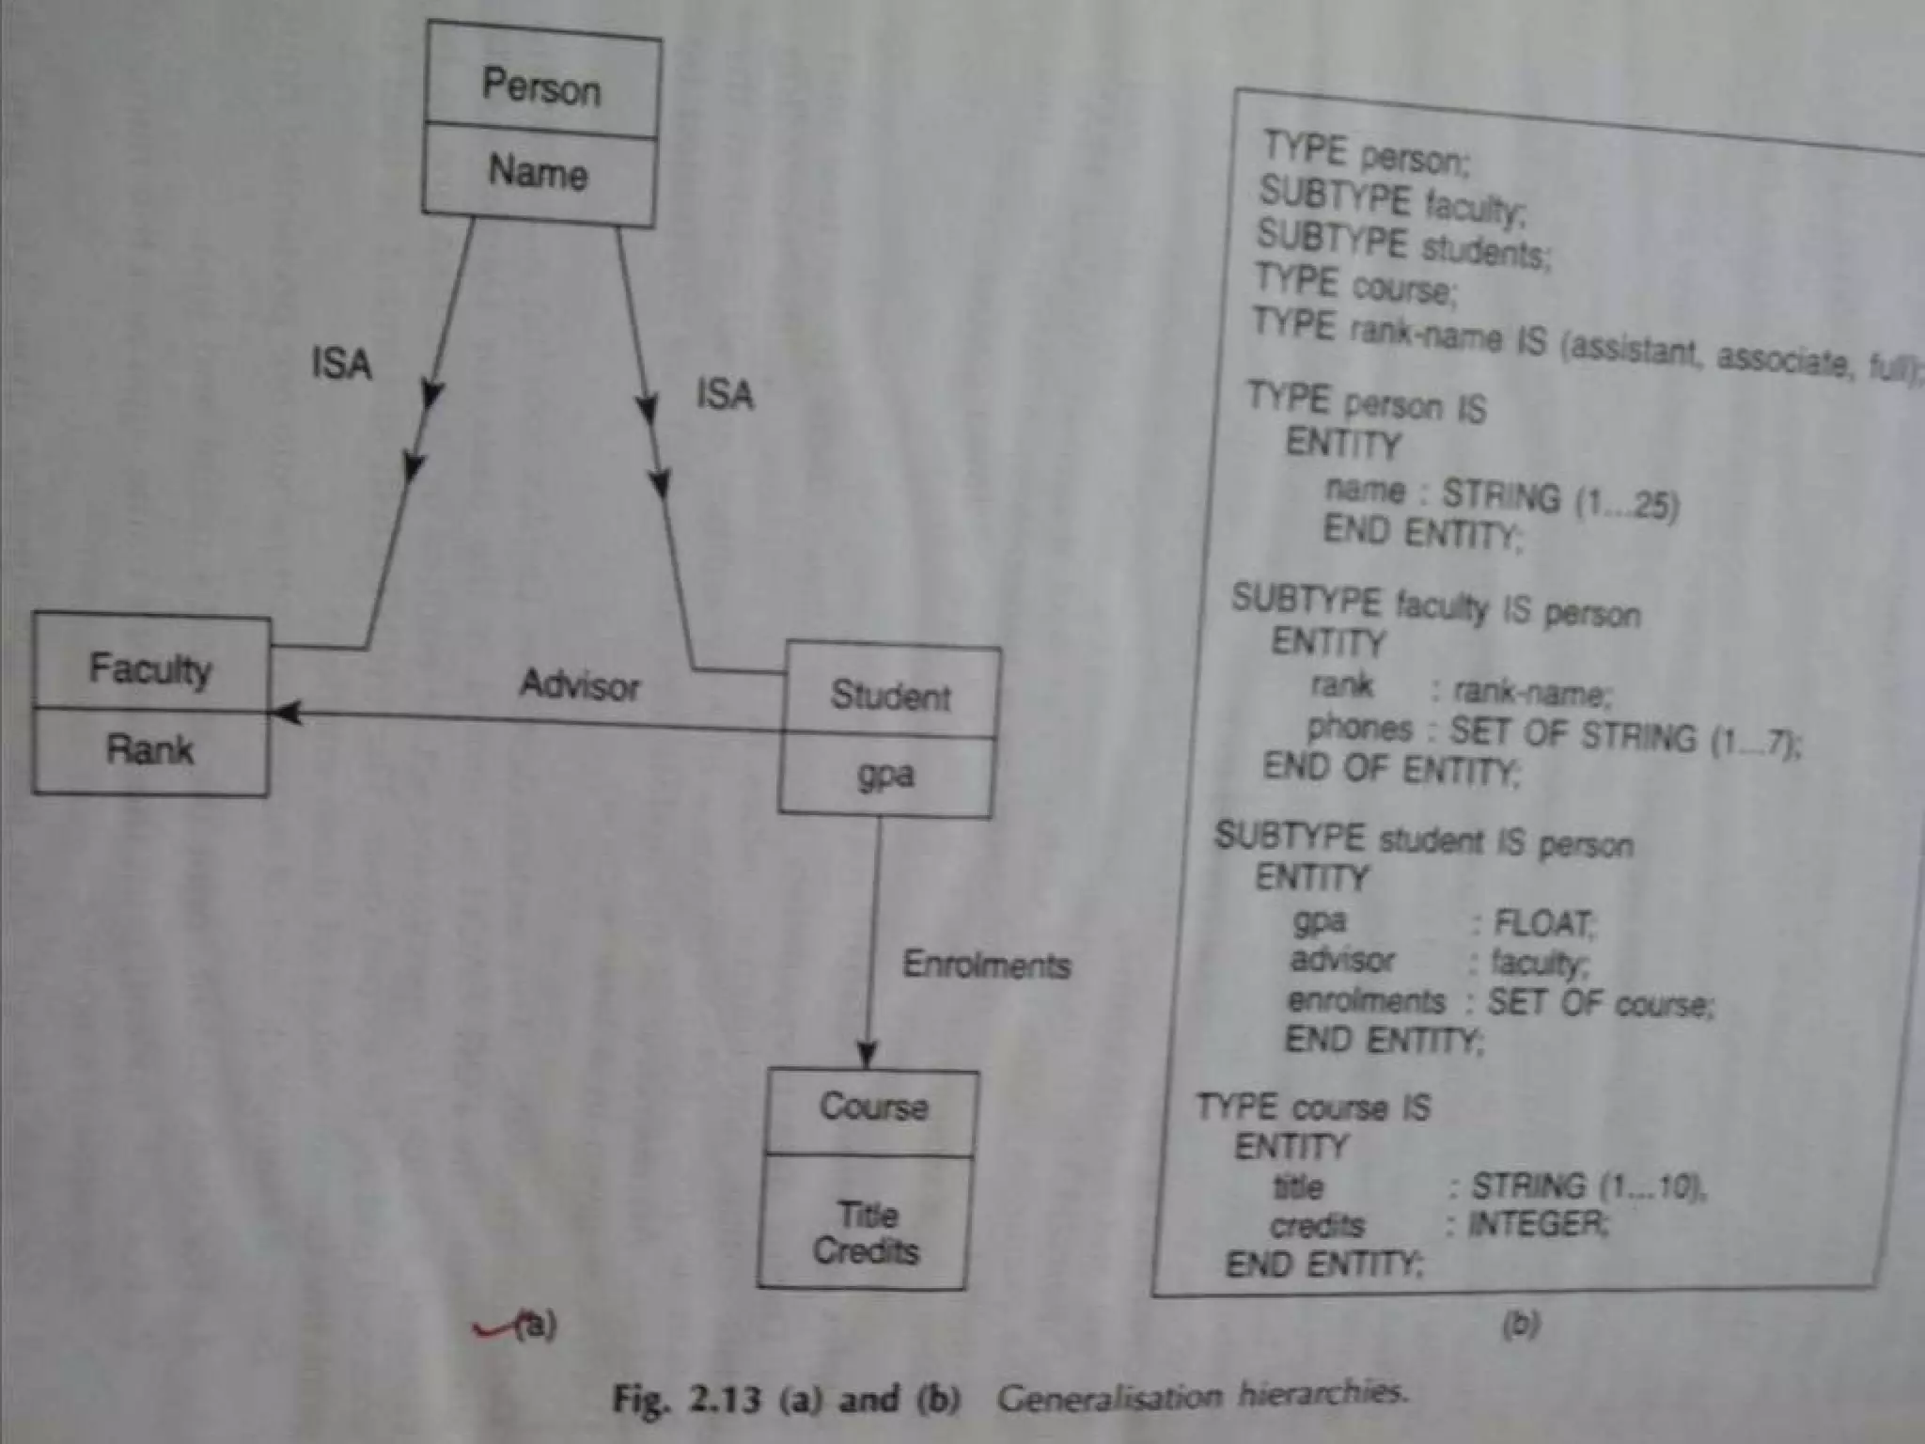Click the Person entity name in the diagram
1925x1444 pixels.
540,87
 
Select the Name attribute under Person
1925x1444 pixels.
538,173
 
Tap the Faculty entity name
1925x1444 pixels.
150,669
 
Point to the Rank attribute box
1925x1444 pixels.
149,750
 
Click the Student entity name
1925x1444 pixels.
890,697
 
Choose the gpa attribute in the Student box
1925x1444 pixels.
885,775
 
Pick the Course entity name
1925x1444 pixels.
873,1107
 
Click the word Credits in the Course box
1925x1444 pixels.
866,1251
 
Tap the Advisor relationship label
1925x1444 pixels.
580,685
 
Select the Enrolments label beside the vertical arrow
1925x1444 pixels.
986,965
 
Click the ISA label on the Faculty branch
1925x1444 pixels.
342,364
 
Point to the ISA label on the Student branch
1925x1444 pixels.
725,394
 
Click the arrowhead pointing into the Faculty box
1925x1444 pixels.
284,714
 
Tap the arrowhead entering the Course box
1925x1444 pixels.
868,1055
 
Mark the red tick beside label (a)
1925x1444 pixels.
493,1327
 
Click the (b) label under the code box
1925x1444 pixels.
1520,1325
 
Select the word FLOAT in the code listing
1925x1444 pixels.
1544,925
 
